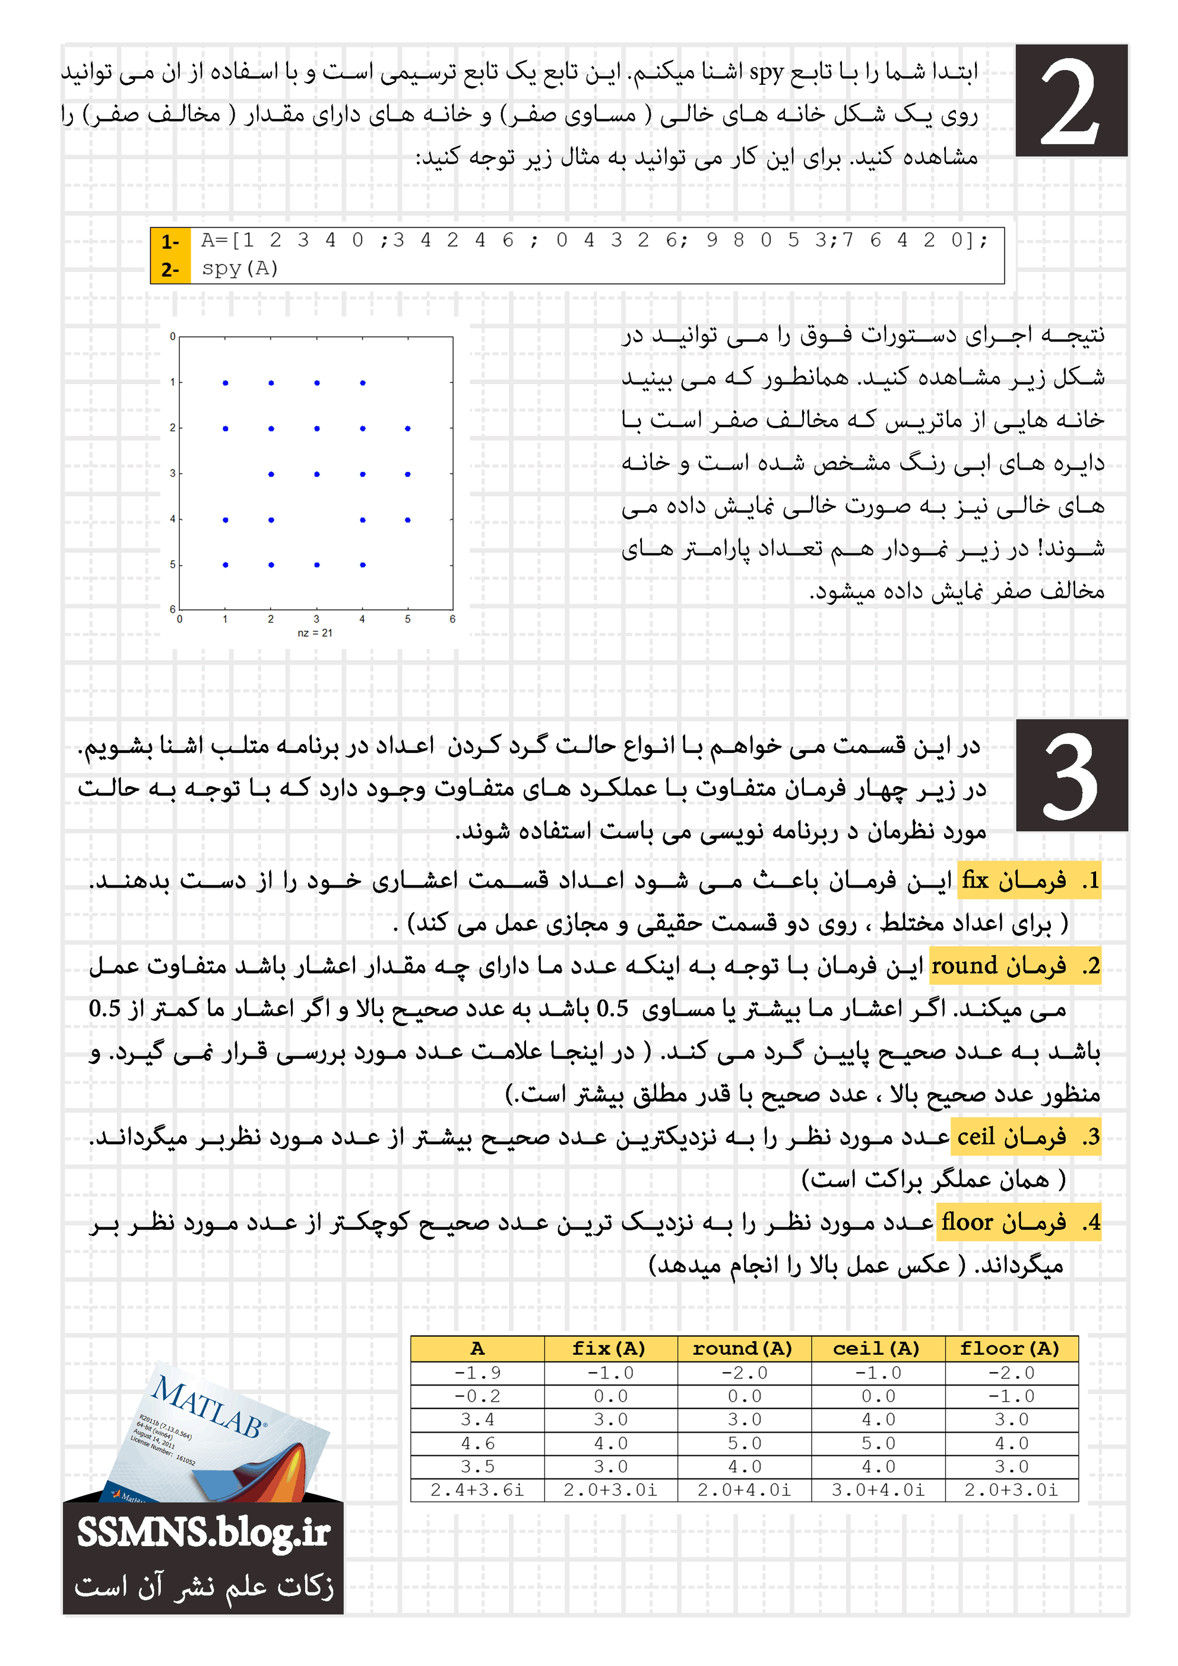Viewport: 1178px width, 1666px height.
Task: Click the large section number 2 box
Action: point(1071,101)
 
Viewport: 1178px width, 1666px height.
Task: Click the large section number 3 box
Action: point(1071,775)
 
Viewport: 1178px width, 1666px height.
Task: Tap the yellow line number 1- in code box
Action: point(170,242)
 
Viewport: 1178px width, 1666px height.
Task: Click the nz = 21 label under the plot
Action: point(315,633)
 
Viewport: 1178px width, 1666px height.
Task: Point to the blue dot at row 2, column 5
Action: point(408,429)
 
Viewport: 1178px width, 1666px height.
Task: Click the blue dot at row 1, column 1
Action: point(226,382)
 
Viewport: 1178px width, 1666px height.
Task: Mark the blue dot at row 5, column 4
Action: point(363,565)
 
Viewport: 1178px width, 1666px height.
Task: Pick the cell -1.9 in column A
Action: point(477,1373)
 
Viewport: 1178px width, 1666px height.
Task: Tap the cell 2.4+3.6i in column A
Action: point(477,1490)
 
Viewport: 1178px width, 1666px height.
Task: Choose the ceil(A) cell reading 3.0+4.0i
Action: point(878,1490)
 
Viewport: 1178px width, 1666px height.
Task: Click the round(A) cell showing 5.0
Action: point(744,1443)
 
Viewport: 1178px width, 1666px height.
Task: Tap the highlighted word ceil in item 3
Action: point(976,1136)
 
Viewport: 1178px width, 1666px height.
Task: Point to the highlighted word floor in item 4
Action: point(967,1222)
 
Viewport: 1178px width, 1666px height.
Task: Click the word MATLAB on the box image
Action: point(208,1406)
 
